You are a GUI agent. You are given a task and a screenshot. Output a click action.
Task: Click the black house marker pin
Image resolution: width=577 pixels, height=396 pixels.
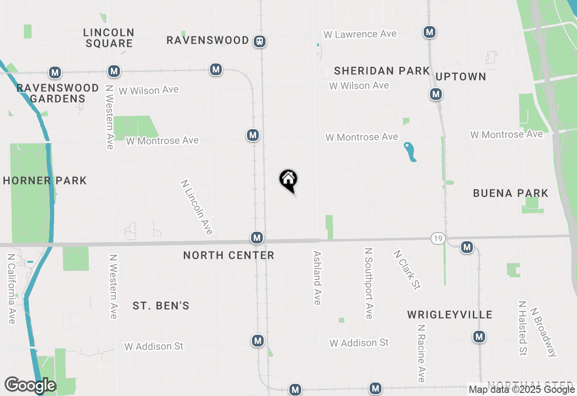click(x=288, y=180)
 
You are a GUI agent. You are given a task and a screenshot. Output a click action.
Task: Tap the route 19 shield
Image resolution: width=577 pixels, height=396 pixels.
click(x=438, y=238)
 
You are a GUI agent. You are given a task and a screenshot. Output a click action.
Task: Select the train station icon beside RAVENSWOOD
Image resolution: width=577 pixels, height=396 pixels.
click(x=260, y=41)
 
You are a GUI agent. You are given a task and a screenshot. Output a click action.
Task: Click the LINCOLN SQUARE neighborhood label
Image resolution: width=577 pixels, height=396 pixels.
click(x=109, y=38)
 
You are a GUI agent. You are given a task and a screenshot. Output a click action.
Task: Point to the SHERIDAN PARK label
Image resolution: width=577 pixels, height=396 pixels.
click(x=382, y=71)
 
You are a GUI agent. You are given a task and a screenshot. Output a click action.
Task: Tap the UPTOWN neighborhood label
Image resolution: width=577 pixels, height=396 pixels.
click(x=461, y=76)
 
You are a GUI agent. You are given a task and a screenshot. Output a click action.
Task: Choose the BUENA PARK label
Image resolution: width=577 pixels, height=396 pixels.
click(x=510, y=193)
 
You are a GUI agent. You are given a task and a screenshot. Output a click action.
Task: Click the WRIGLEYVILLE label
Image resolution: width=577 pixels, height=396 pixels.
click(x=449, y=315)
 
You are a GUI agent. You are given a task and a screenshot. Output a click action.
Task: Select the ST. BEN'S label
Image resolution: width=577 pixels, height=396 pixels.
click(x=161, y=306)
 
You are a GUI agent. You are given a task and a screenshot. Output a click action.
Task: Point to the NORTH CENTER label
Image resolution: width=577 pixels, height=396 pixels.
click(x=229, y=255)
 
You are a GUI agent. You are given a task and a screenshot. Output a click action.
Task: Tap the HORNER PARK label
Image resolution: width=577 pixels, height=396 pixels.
click(x=45, y=181)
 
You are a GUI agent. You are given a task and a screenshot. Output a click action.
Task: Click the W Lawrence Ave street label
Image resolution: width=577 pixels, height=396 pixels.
click(x=360, y=34)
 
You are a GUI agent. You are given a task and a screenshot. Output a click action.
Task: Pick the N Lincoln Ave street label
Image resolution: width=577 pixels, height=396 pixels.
click(x=197, y=207)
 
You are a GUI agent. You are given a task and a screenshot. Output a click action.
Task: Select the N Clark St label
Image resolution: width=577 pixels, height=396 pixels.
click(x=407, y=270)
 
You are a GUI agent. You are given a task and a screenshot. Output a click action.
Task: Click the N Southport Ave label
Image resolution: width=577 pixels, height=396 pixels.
click(x=369, y=283)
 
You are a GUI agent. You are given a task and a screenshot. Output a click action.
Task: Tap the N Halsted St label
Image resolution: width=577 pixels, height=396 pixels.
click(x=522, y=328)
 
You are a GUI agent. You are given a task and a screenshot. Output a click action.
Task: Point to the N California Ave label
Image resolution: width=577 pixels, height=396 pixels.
click(x=11, y=288)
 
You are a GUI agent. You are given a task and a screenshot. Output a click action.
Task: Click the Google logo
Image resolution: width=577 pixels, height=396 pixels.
click(x=30, y=386)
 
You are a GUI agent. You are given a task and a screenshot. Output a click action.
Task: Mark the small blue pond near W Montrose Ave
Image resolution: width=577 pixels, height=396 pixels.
click(x=410, y=152)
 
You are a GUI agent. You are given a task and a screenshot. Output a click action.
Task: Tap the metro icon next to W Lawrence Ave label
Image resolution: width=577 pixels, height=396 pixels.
click(x=430, y=32)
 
